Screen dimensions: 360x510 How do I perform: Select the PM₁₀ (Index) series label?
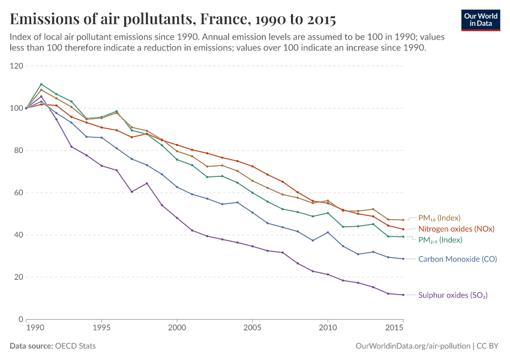coord(439,218)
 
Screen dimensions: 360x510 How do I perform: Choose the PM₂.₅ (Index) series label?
coord(440,240)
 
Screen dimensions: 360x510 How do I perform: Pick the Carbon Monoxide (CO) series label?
coord(458,259)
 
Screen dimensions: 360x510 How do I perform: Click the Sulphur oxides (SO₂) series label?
coord(452,295)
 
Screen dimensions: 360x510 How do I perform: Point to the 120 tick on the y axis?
coord(16,66)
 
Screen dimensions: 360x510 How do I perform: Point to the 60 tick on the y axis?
coord(18,193)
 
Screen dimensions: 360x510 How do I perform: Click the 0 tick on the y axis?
coord(20,319)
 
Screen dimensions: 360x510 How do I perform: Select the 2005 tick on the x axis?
coord(252,328)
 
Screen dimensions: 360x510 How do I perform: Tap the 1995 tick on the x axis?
coord(101,328)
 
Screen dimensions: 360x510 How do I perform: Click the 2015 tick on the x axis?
coord(395,328)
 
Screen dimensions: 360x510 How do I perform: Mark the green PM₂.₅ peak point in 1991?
coord(41,84)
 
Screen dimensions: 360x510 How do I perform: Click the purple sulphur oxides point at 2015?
coord(403,295)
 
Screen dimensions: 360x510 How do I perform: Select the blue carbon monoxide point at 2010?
coord(328,232)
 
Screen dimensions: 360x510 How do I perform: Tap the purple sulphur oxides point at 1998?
coord(146,183)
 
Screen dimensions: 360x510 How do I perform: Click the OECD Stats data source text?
coord(75,346)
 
